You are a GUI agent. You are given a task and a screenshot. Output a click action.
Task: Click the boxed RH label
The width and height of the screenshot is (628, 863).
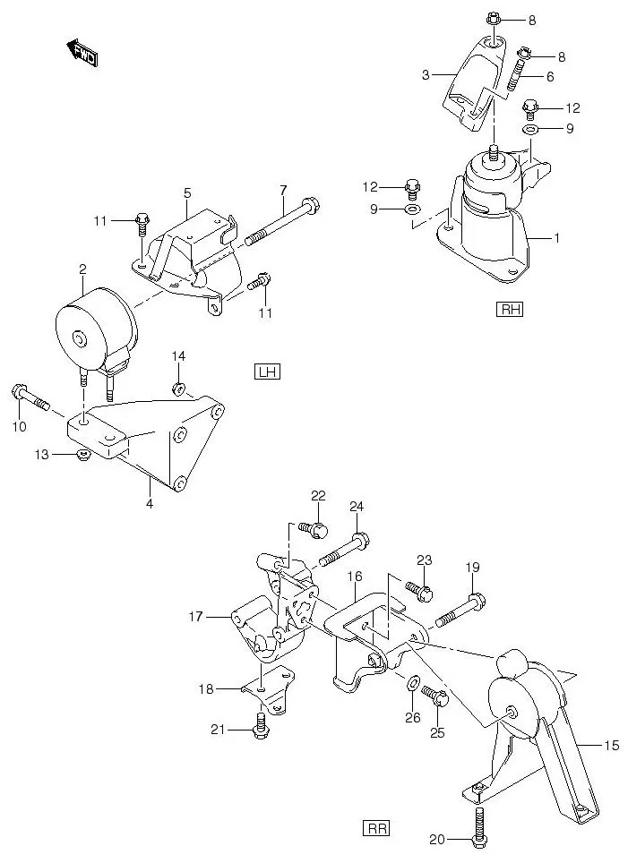coord(510,311)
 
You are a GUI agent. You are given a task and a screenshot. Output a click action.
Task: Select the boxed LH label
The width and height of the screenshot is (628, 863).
coord(267,372)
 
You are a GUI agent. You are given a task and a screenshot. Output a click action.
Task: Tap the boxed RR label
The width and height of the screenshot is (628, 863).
coord(377,828)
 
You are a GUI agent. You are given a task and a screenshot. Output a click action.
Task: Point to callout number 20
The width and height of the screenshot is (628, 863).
coord(436,839)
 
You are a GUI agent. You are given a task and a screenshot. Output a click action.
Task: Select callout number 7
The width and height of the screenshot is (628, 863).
coord(282,190)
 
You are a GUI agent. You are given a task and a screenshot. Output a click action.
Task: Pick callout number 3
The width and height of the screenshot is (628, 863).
coord(426,76)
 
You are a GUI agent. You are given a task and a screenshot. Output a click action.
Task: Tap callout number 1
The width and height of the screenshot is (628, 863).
coord(556,238)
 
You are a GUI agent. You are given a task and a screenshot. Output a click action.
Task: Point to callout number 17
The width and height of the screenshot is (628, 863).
coord(195,616)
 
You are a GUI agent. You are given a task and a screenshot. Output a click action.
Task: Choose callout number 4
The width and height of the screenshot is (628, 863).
coord(150,504)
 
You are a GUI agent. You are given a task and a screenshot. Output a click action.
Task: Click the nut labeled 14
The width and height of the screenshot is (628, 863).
coord(178,389)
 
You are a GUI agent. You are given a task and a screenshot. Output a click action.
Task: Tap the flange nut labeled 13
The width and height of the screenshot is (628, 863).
coord(83,456)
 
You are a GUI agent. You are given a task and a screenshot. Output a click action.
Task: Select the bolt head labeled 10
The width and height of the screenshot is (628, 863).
coord(21,391)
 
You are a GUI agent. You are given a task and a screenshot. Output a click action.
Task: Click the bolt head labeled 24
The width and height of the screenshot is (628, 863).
coord(361,540)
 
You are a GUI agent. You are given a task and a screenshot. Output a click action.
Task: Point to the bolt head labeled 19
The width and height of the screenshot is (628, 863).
coord(477,599)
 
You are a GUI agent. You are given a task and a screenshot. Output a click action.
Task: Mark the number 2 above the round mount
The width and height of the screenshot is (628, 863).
coord(82,269)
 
